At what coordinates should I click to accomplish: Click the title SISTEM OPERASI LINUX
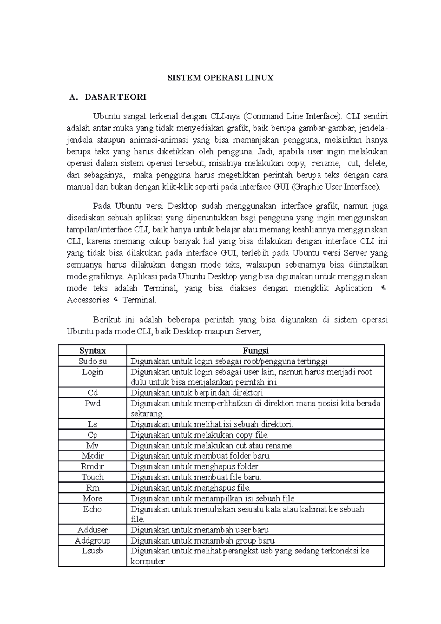[x=220, y=78]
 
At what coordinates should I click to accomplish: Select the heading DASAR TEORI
[x=115, y=97]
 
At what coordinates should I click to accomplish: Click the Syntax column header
[x=93, y=351]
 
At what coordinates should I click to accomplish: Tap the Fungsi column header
[x=255, y=351]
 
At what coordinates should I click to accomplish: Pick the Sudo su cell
[x=93, y=361]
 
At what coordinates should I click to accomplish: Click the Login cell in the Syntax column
[x=93, y=372]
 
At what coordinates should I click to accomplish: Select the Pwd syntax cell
[x=93, y=404]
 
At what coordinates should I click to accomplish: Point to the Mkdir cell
[x=93, y=456]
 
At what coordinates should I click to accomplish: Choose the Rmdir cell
[x=93, y=467]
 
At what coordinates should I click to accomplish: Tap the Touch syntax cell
[x=93, y=477]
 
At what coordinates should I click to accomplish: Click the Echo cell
[x=93, y=509]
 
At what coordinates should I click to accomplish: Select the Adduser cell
[x=93, y=530]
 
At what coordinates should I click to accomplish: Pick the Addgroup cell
[x=93, y=541]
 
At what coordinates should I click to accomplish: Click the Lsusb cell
[x=93, y=551]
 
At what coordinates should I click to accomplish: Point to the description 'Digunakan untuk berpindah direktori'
[x=197, y=393]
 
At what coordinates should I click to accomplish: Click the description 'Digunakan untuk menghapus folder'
[x=194, y=467]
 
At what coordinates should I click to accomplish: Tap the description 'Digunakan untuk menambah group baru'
[x=202, y=541]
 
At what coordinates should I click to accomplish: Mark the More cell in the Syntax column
[x=93, y=499]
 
